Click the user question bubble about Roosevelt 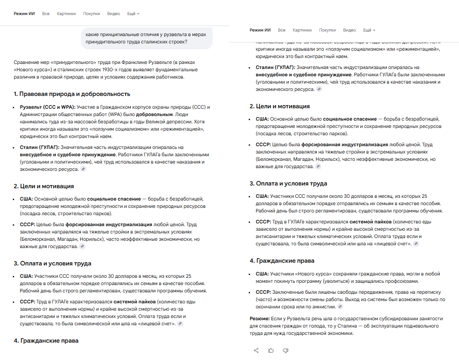coord(147,38)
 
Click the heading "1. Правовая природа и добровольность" coord(72,94)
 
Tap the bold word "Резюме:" coord(259,318)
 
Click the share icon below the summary coord(256,350)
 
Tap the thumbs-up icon coord(271,350)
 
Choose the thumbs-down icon coord(286,350)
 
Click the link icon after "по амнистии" coord(340,307)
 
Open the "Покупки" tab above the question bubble coord(91,14)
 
